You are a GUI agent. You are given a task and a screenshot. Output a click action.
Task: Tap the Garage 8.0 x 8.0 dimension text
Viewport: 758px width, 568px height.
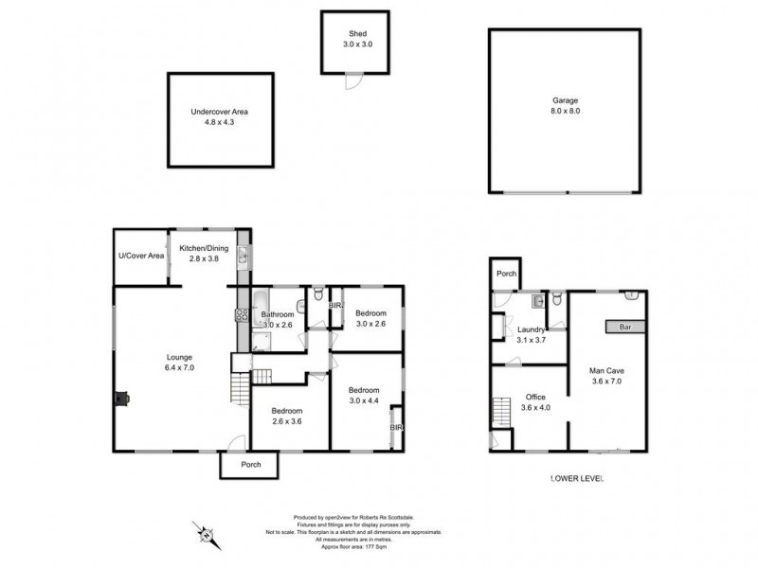(x=565, y=112)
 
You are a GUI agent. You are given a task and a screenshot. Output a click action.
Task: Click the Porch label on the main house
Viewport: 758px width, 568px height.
(x=250, y=465)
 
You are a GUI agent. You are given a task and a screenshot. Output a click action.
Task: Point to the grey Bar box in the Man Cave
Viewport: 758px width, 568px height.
(x=626, y=327)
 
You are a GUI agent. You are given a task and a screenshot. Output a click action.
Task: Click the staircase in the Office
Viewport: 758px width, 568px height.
(x=500, y=414)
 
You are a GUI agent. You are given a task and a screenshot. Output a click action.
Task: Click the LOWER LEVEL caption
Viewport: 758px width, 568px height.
(x=576, y=479)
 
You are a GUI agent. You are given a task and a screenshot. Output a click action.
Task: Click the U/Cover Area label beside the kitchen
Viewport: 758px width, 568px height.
(x=141, y=256)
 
